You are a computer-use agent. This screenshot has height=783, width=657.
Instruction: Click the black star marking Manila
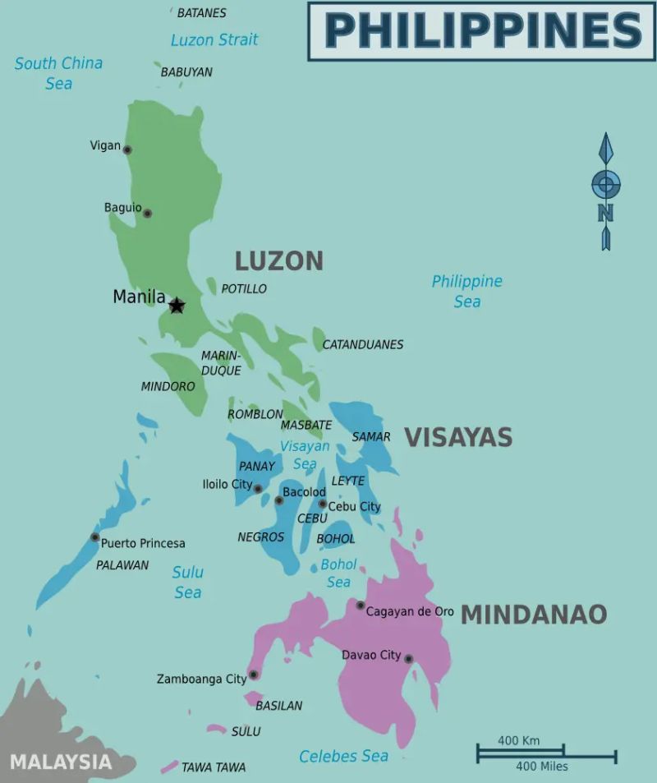[177, 306]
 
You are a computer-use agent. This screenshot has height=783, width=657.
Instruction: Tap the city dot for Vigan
[127, 150]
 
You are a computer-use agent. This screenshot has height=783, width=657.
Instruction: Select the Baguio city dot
[148, 214]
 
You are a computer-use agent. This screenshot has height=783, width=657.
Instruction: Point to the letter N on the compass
[606, 213]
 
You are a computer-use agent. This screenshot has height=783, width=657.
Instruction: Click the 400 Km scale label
[519, 740]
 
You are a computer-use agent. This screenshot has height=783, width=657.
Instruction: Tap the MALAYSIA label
[60, 761]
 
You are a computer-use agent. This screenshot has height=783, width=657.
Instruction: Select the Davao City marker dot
[408, 659]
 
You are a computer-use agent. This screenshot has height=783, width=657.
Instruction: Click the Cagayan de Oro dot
[361, 606]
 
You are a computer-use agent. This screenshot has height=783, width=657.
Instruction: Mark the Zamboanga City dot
[254, 675]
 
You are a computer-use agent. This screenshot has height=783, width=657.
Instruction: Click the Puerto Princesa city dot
[95, 537]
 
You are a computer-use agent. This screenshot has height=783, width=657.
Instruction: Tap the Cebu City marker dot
[323, 504]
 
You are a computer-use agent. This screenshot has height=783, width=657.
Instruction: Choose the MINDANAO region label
[534, 614]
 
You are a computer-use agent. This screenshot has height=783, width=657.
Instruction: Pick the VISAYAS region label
[458, 437]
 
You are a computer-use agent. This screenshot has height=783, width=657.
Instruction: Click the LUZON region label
[279, 260]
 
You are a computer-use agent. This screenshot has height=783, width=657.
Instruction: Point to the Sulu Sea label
[187, 582]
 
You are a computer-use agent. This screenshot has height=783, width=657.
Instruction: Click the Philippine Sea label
[466, 291]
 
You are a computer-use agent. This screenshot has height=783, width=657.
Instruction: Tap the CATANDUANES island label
[362, 344]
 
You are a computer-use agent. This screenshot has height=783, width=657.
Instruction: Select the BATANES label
[201, 13]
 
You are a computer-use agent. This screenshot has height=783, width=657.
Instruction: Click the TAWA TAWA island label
[214, 767]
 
